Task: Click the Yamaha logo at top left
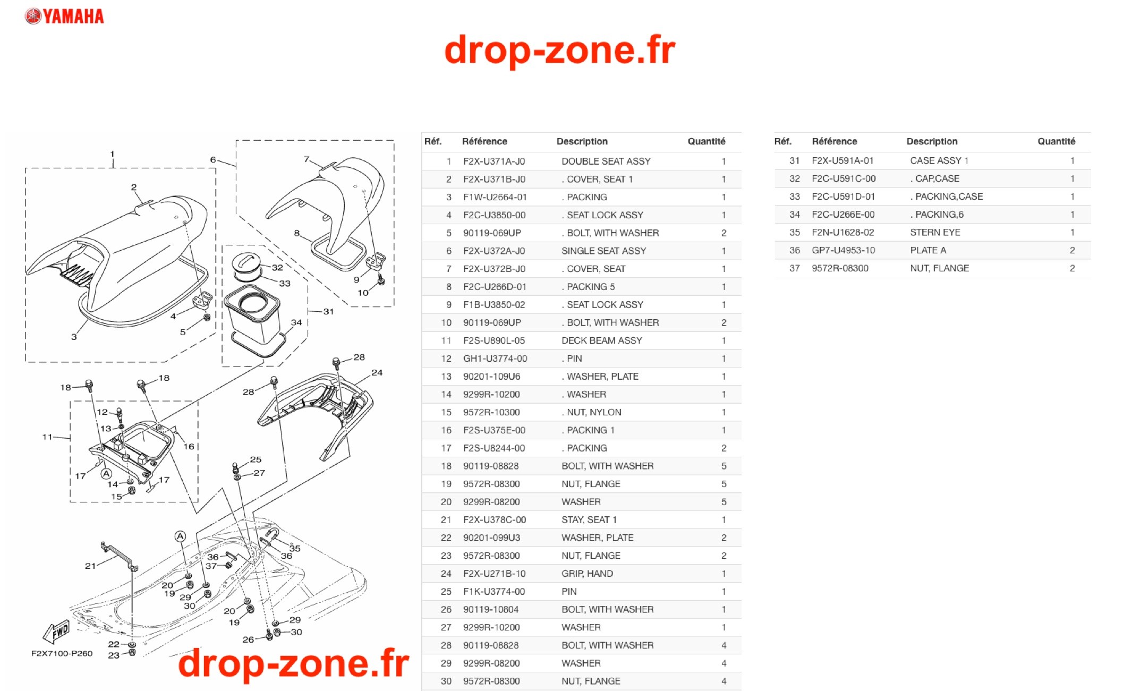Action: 64,16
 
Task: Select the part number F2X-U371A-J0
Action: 494,161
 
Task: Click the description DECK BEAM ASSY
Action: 602,340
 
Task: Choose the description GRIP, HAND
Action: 587,574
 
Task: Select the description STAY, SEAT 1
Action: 589,520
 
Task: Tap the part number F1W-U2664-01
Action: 495,197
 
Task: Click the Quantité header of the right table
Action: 1056,141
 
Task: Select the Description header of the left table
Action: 582,141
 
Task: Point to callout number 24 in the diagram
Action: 377,372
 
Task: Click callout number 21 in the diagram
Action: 90,566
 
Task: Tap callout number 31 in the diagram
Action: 328,311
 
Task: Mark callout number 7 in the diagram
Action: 306,159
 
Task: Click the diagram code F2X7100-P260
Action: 62,653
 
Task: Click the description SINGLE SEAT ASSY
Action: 603,251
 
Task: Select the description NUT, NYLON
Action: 594,412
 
